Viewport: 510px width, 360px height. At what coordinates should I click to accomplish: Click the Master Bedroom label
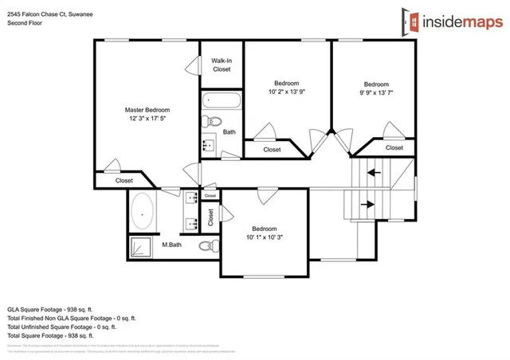[x=147, y=110]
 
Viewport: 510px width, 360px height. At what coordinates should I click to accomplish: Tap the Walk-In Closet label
[x=222, y=65]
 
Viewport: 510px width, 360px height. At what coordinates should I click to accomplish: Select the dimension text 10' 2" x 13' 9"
[x=287, y=92]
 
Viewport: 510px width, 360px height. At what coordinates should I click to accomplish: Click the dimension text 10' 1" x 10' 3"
[x=264, y=237]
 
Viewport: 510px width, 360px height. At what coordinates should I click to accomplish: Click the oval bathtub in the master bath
[x=143, y=213]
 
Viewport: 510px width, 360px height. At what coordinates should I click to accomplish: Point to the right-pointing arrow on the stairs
[x=369, y=204]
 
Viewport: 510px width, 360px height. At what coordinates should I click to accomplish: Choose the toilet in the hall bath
[x=209, y=122]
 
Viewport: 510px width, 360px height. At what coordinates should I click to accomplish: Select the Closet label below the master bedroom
[x=124, y=181]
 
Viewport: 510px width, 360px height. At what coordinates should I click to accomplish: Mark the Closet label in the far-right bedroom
[x=394, y=147]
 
